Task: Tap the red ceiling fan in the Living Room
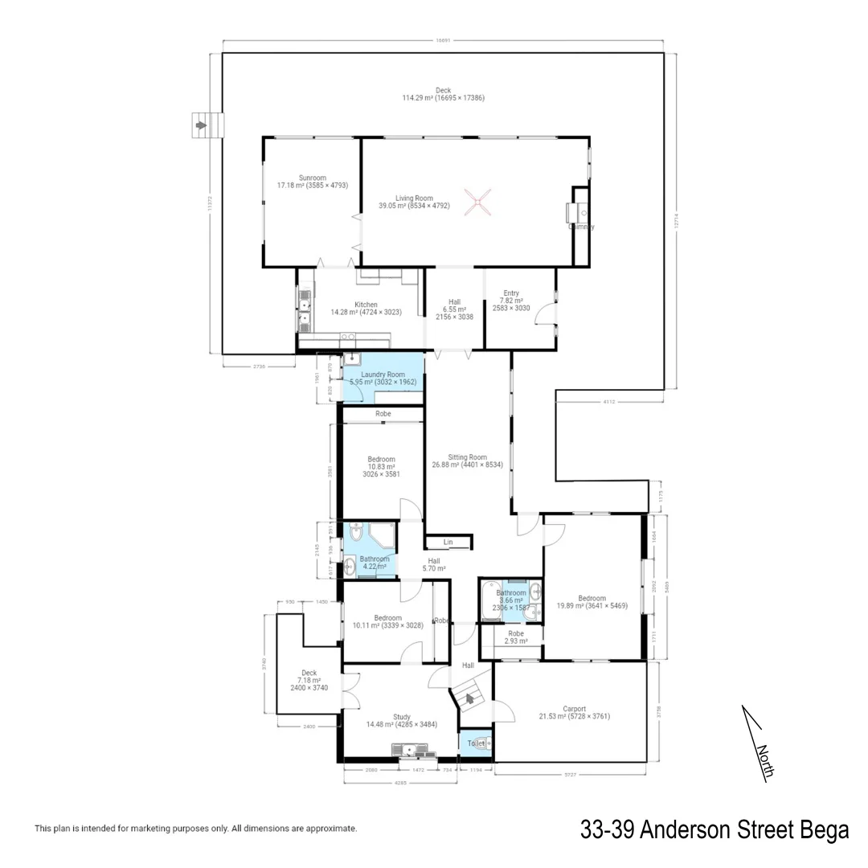pos(477,200)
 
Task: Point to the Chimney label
pos(582,227)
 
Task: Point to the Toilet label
pos(477,743)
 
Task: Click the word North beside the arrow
pos(764,761)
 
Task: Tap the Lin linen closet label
pos(448,542)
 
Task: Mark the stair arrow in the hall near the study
pos(469,698)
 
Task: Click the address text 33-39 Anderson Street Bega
pos(714,829)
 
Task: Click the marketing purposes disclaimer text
pos(195,829)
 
